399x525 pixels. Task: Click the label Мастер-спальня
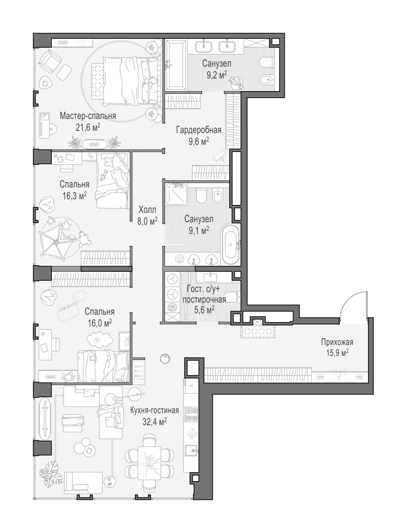[88, 116]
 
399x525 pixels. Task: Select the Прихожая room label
[337, 342]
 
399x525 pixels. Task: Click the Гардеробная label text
[199, 130]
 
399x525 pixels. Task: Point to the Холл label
[147, 210]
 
